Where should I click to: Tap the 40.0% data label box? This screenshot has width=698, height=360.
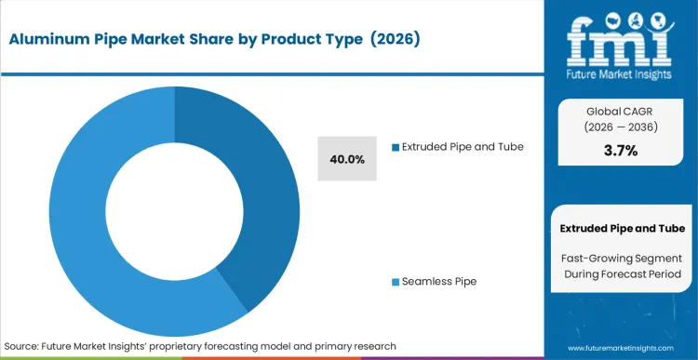[347, 159]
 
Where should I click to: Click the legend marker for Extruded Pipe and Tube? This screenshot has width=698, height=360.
[395, 147]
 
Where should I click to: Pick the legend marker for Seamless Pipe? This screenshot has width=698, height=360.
[395, 281]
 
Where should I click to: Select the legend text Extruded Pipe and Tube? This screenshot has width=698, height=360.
[462, 147]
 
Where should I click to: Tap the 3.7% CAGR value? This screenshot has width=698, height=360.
[621, 151]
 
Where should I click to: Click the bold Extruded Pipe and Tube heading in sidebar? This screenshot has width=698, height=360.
[623, 228]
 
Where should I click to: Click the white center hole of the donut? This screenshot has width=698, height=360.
[175, 210]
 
